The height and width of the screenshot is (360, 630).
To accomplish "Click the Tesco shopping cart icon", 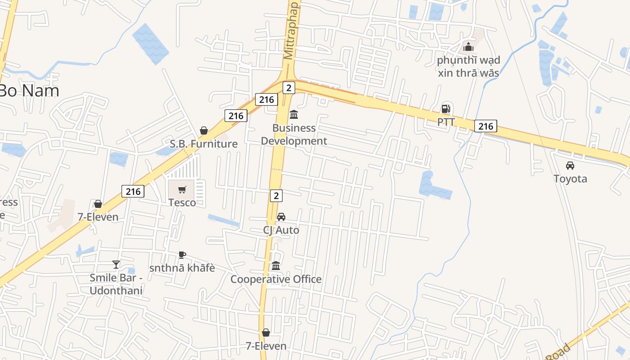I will pyautogui.click(x=182, y=190).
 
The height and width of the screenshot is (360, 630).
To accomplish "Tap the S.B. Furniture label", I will pyautogui.click(x=203, y=144).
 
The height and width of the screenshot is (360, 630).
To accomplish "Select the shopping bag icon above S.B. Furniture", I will pyautogui.click(x=204, y=131).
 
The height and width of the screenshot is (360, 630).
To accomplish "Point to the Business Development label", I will pyautogui.click(x=294, y=135).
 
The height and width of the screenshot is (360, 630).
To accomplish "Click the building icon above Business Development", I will pyautogui.click(x=294, y=114).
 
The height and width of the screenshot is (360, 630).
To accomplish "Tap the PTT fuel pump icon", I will pyautogui.click(x=445, y=109).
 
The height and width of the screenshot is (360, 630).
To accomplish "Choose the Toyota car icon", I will pyautogui.click(x=570, y=166).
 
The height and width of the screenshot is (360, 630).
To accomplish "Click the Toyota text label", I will pyautogui.click(x=570, y=179).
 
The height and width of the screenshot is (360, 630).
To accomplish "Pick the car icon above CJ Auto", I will pyautogui.click(x=281, y=217).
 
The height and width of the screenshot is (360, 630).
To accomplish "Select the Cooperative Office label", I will pyautogui.click(x=276, y=279).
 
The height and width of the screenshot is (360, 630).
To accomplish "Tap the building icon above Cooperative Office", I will pyautogui.click(x=276, y=266).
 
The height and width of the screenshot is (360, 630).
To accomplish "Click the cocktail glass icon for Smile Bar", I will pyautogui.click(x=116, y=265).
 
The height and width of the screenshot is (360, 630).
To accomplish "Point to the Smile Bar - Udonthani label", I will pyautogui.click(x=116, y=284).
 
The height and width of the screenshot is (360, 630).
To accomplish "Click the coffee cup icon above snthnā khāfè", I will pyautogui.click(x=182, y=255).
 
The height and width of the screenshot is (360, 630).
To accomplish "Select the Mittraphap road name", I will pyautogui.click(x=291, y=30).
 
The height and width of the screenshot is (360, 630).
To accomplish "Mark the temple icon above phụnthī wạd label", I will pyautogui.click(x=468, y=47).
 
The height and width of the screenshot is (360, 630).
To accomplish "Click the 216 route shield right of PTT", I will pyautogui.click(x=486, y=126).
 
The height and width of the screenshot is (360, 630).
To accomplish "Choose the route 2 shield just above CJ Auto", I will pyautogui.click(x=276, y=195).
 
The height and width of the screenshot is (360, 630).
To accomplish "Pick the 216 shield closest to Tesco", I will pyautogui.click(x=133, y=191).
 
